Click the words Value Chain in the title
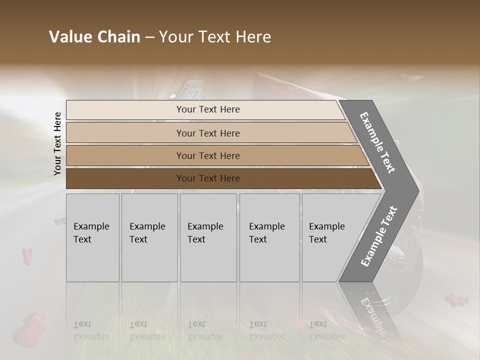pos(94,37)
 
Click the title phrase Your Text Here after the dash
pos(215,37)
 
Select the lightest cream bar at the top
pos(125,109)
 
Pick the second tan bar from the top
pos(125,133)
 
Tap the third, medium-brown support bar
pos(125,155)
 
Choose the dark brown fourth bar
pos(125,178)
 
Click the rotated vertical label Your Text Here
pos(57,143)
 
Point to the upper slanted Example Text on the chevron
pos(377,142)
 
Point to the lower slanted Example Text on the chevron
pos(379,236)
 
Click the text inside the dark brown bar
pos(208,178)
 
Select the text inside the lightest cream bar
pos(208,109)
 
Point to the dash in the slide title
pos(149,37)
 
